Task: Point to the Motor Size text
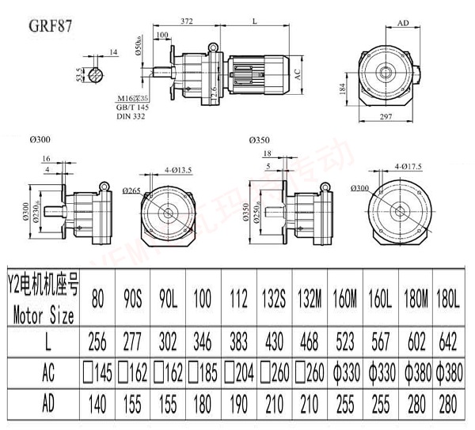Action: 44,315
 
